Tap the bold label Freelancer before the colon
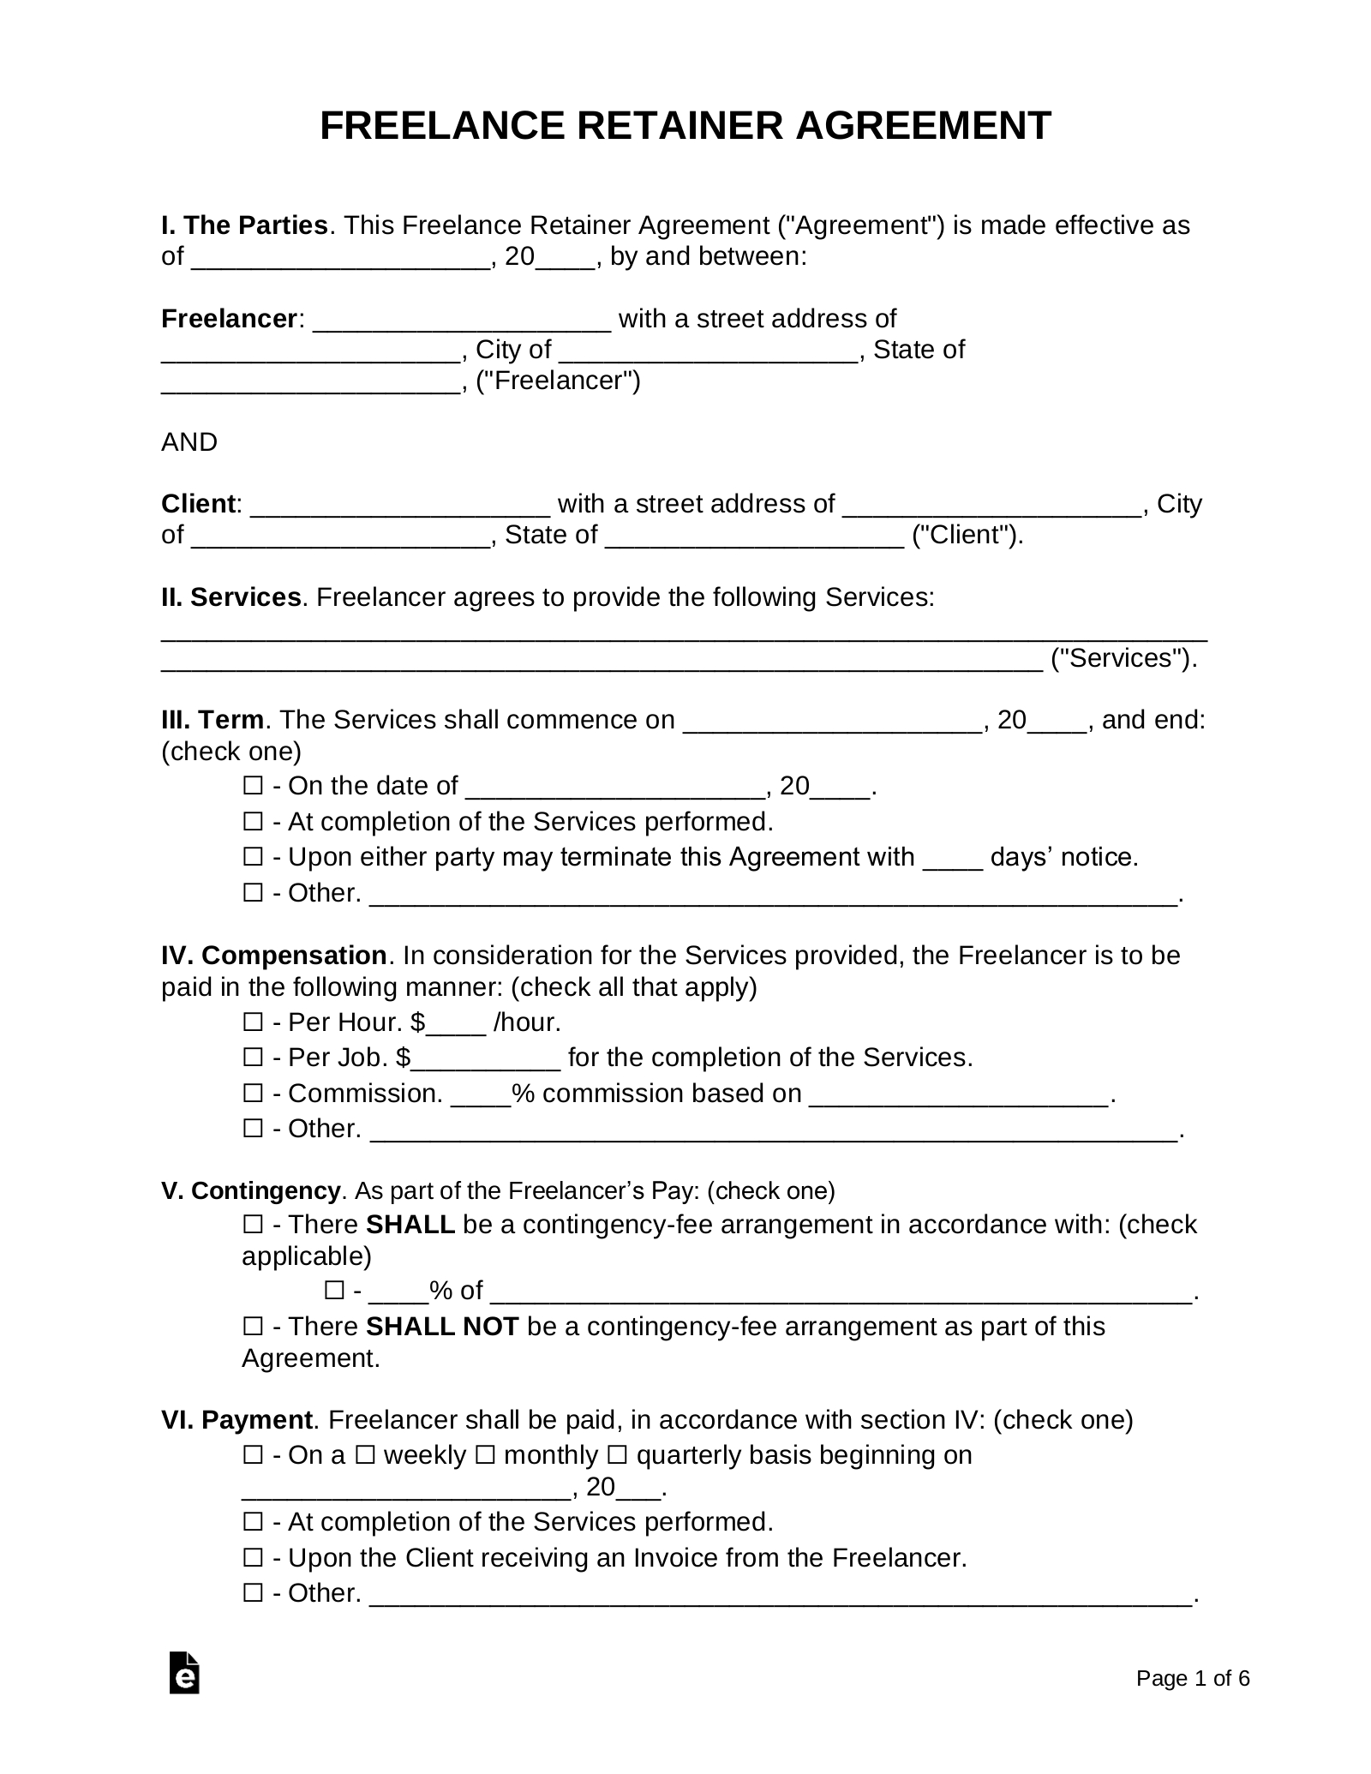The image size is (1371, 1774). point(229,319)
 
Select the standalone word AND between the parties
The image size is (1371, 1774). point(189,442)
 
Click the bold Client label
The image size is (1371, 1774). point(198,504)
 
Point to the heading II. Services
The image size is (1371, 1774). point(230,597)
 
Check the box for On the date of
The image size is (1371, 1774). point(253,786)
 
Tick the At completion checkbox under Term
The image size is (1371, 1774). point(253,822)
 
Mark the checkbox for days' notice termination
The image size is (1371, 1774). point(253,857)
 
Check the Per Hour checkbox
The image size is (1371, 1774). point(253,1022)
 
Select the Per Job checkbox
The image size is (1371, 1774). point(253,1058)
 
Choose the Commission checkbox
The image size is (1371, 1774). point(253,1094)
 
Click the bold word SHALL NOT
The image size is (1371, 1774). point(442,1327)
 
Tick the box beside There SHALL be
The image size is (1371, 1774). point(253,1225)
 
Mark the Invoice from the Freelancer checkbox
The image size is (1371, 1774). point(253,1557)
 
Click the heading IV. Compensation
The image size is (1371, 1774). point(273,956)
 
